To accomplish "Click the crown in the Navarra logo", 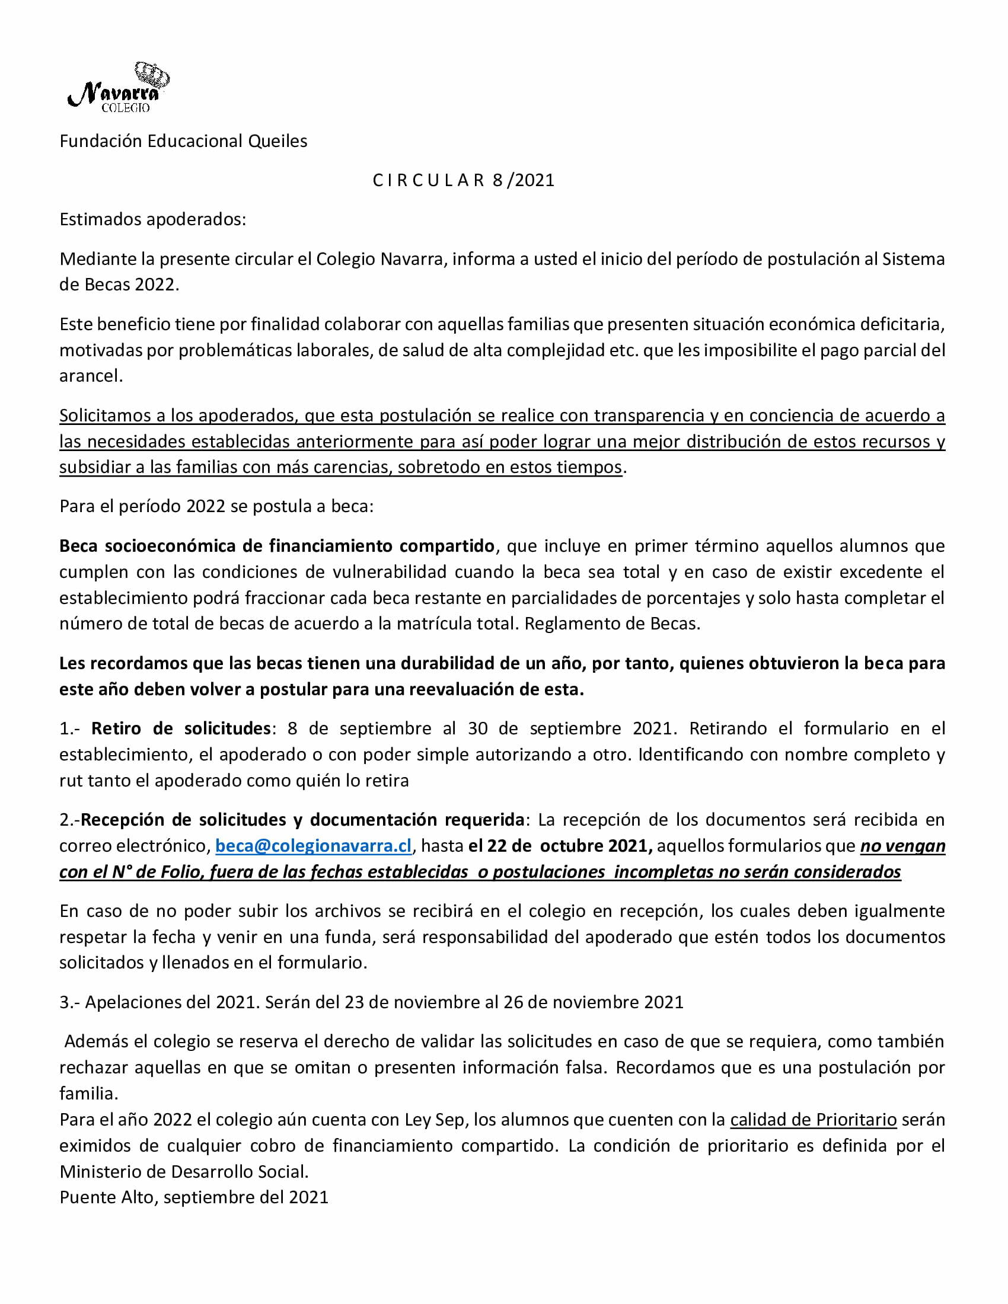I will point(152,74).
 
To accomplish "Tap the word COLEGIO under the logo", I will point(125,108).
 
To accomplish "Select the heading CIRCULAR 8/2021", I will point(464,180).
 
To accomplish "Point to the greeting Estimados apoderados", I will point(153,219).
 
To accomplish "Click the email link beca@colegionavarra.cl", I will point(314,845).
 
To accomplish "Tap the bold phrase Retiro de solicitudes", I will point(181,728).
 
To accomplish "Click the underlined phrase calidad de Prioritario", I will point(814,1120).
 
